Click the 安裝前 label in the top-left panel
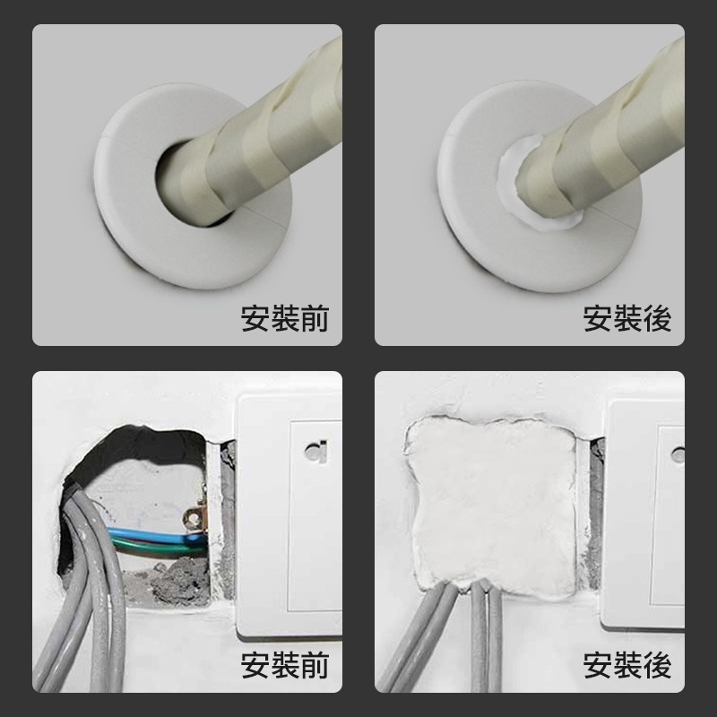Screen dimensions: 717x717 coord(285,318)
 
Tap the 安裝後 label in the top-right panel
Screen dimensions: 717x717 coord(626,318)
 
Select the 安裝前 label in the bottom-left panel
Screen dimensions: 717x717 coord(285,665)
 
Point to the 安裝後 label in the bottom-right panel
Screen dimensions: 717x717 coord(626,665)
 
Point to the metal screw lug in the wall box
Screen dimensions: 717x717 coord(194,521)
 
